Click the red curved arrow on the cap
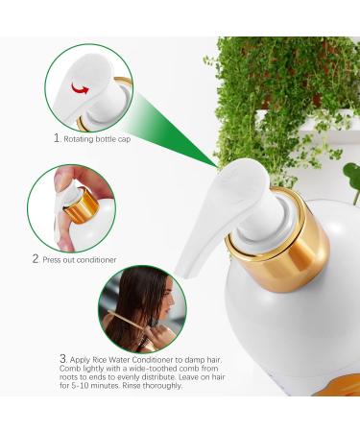(x=80, y=88)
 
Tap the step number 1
(x=57, y=138)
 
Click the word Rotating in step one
(x=79, y=139)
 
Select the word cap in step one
(x=125, y=140)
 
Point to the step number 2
(x=36, y=258)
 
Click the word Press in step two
(x=52, y=259)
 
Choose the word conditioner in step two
(x=97, y=259)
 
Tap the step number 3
(x=63, y=358)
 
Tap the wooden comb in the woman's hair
(x=127, y=320)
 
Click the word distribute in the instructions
(x=154, y=377)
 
